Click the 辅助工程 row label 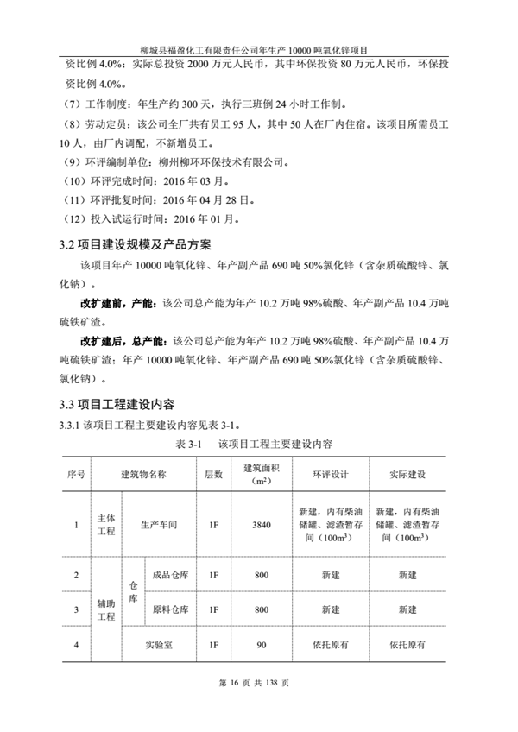point(105,609)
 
